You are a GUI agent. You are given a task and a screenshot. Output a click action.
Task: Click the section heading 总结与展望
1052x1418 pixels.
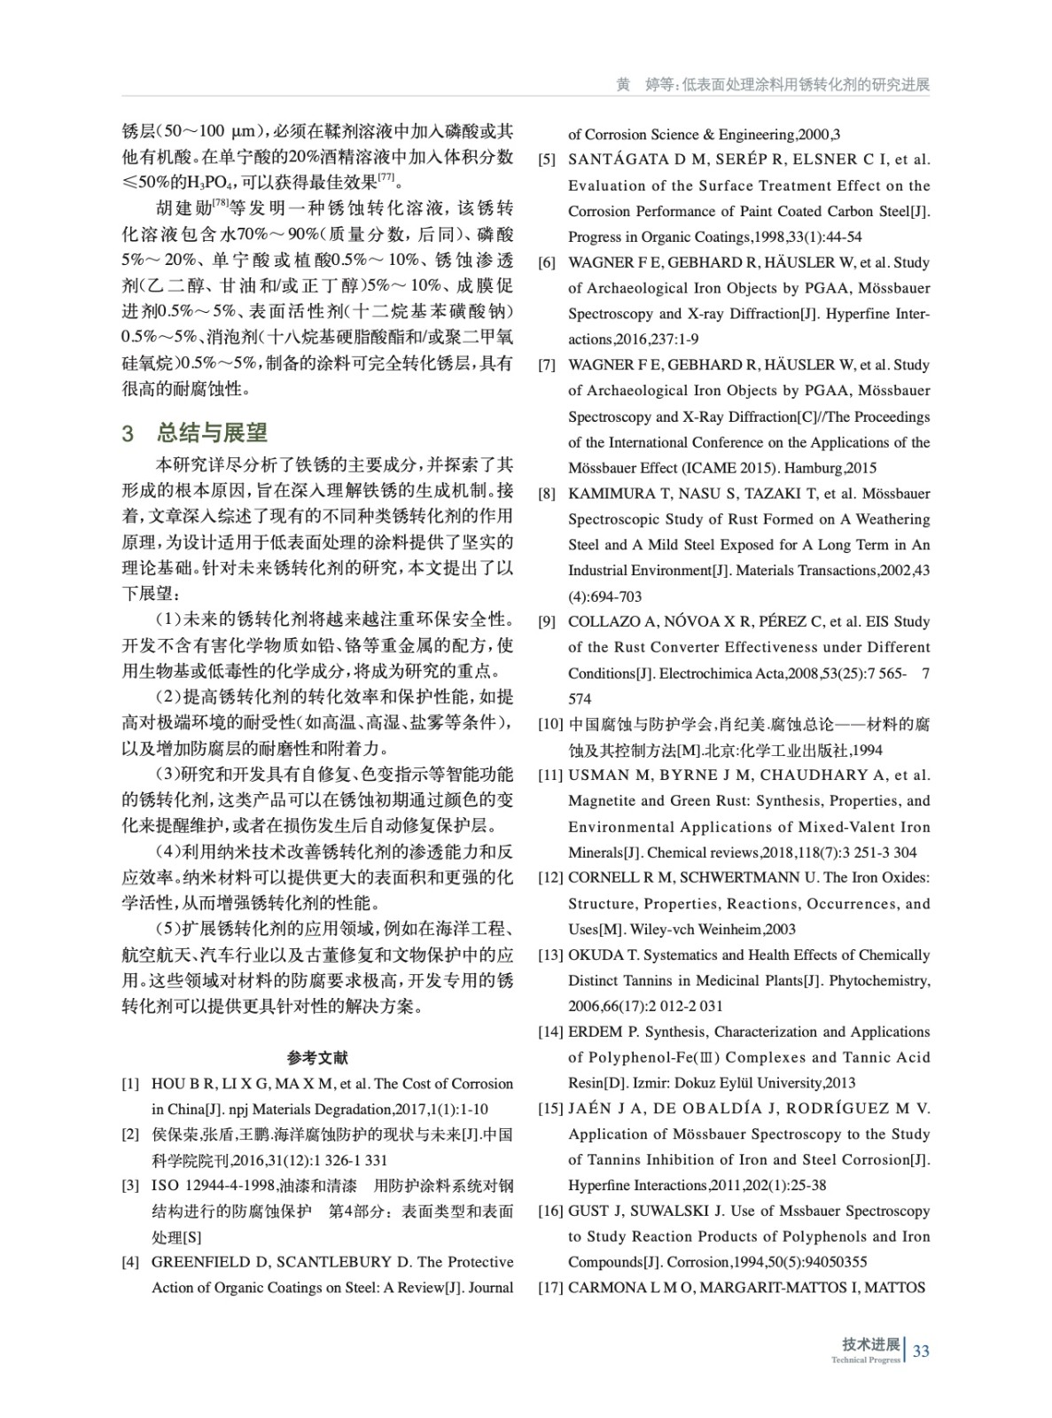pos(212,432)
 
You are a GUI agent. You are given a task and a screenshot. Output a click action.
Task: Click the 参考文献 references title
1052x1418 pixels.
pos(317,1057)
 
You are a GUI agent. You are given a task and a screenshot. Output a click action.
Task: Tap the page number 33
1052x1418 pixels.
pos(921,1351)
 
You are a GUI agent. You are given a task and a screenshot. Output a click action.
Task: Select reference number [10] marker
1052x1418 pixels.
pos(550,724)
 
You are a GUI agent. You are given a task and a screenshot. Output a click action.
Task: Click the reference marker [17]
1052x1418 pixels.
pos(550,1288)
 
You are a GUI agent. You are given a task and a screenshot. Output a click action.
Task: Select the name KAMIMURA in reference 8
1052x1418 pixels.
pos(607,494)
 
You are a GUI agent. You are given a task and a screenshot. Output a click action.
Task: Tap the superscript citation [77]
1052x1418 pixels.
pos(386,179)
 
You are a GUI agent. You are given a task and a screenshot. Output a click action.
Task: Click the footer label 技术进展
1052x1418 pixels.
pos(870,1344)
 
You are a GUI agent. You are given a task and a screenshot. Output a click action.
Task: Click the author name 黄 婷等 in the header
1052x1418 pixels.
pos(644,85)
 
